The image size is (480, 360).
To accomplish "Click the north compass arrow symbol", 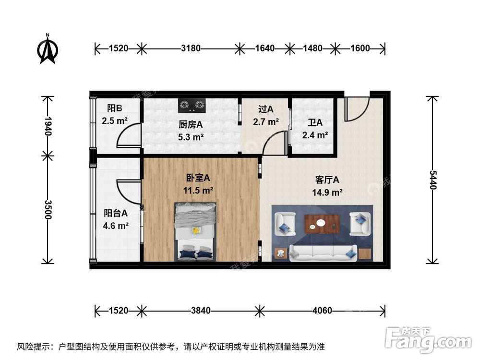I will pyautogui.click(x=48, y=49).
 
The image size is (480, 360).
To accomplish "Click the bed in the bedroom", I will pyautogui.click(x=195, y=232).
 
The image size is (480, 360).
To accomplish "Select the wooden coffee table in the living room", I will pyautogui.click(x=322, y=224).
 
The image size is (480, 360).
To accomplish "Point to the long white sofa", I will pyautogui.click(x=323, y=252).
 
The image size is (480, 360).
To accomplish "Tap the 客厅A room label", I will pyautogui.click(x=327, y=180).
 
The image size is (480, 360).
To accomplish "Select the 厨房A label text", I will pyautogui.click(x=191, y=124).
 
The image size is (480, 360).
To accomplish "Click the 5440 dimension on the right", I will pyautogui.click(x=433, y=180).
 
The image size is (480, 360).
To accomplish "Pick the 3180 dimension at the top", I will pyautogui.click(x=191, y=48).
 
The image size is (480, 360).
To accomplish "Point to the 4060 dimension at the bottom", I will pyautogui.click(x=322, y=311).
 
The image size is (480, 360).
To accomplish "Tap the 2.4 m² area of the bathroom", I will pyautogui.click(x=315, y=135).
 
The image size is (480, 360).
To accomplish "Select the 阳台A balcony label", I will pyautogui.click(x=116, y=213).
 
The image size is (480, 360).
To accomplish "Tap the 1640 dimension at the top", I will pyautogui.click(x=264, y=48).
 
